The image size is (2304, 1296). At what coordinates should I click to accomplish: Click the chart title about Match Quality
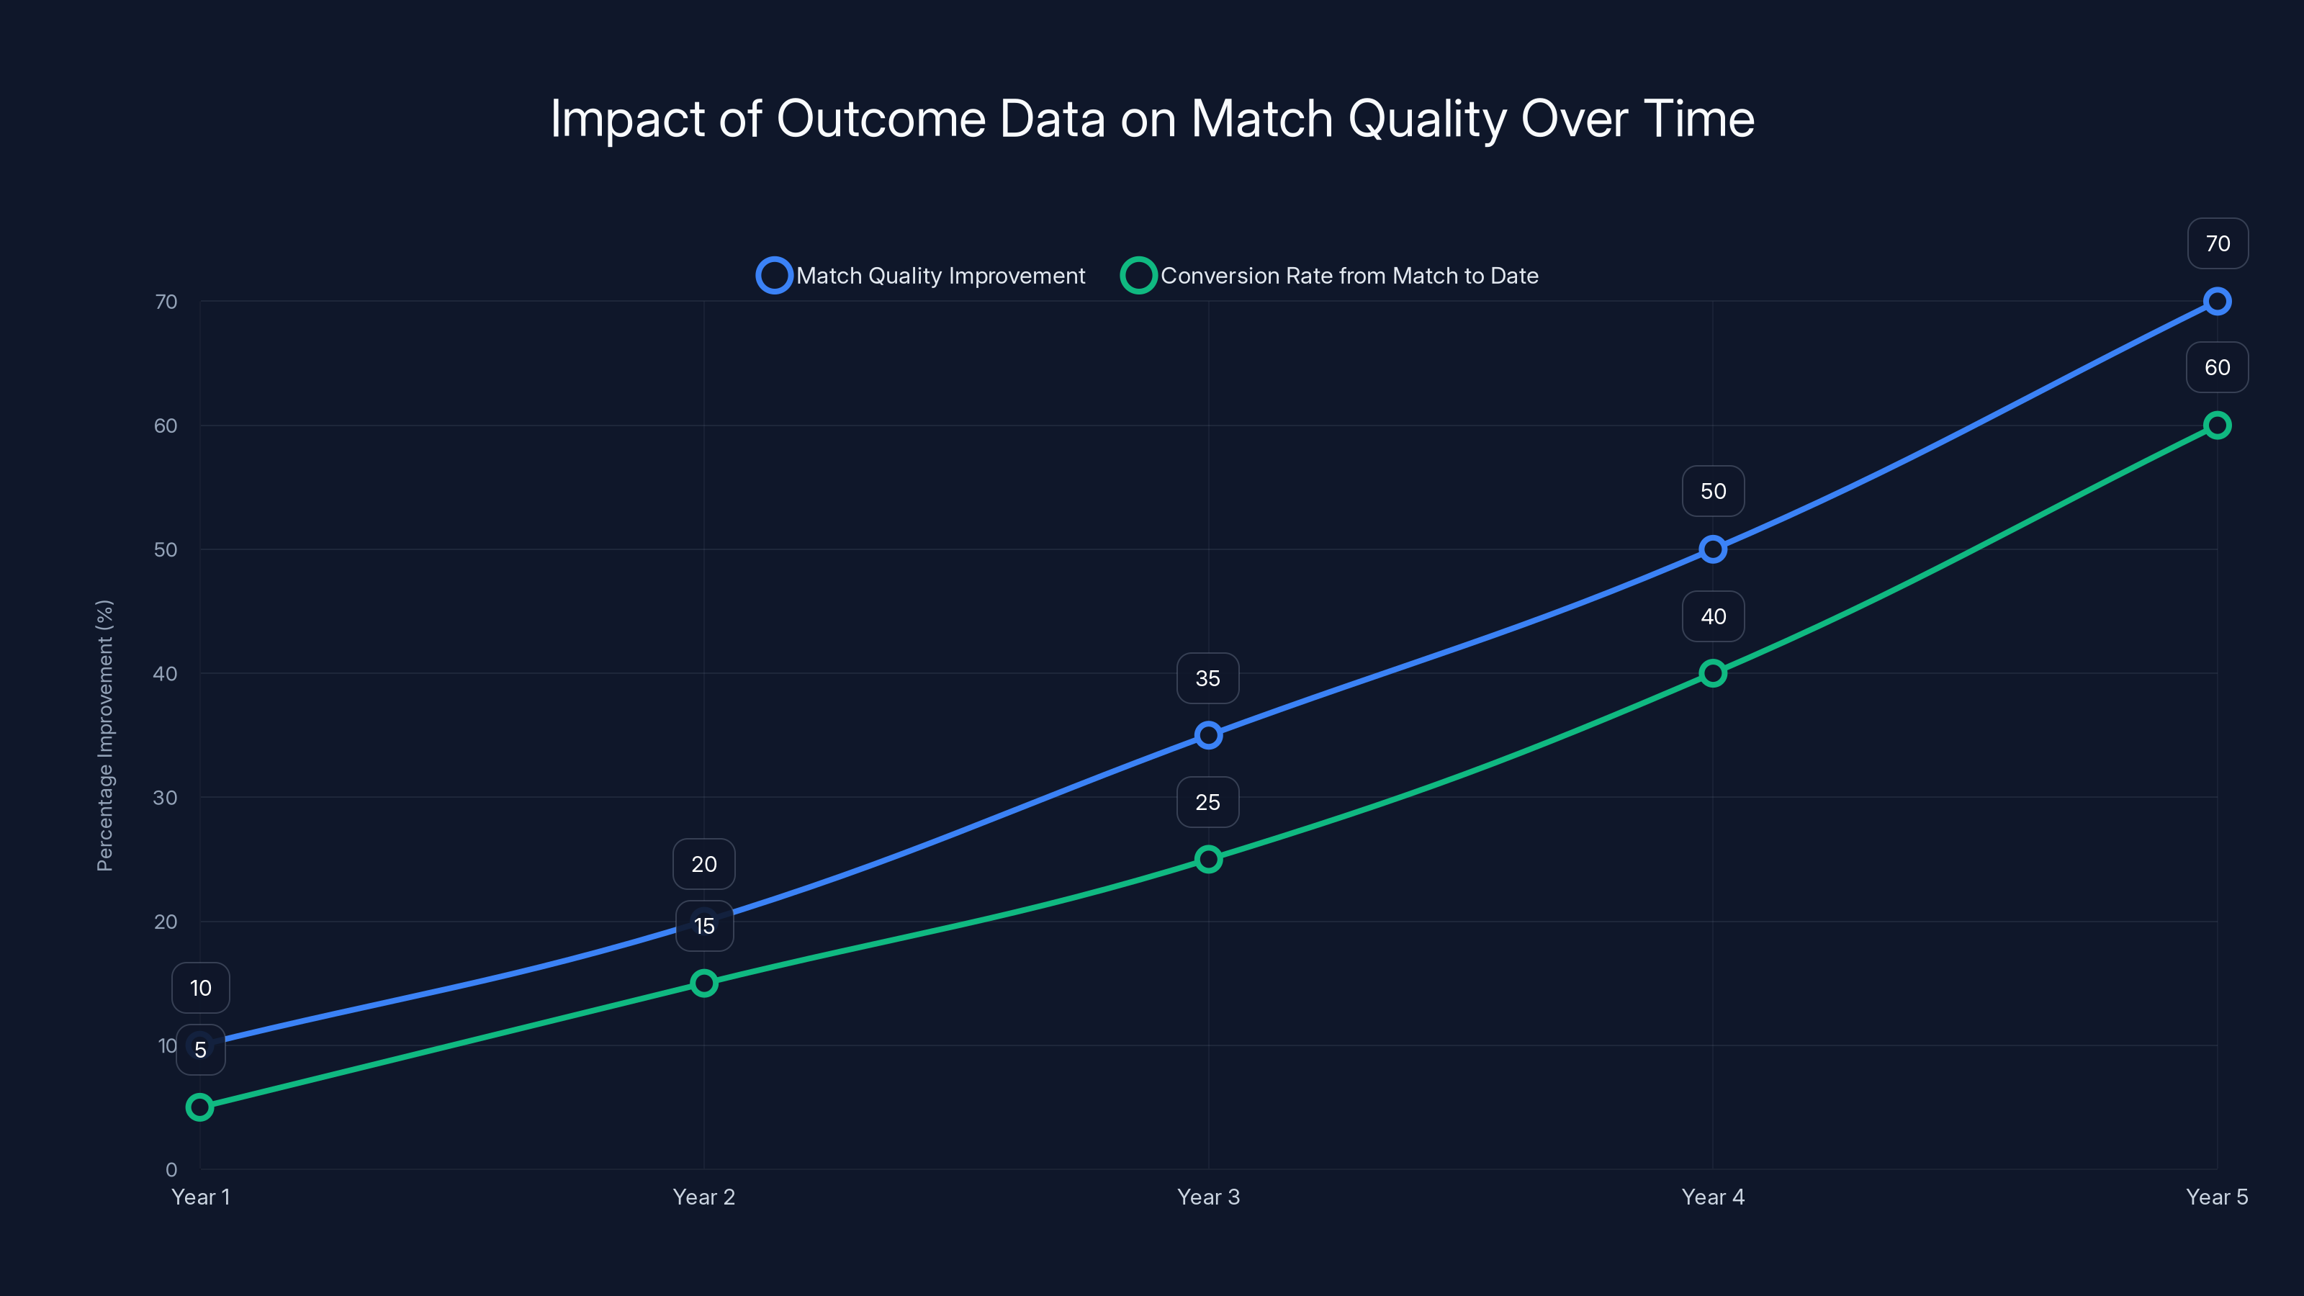click(1152, 119)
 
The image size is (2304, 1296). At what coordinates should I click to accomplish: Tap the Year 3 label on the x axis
click(1208, 1197)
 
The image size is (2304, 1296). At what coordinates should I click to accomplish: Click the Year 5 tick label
click(2216, 1197)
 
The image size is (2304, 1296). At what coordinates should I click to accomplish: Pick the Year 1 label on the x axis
click(200, 1197)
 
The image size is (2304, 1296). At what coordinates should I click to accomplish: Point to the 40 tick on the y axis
click(166, 673)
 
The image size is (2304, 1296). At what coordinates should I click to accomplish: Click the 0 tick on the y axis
click(171, 1169)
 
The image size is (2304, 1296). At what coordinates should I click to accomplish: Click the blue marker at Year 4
click(1713, 549)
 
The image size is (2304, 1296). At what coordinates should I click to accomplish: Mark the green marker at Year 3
click(1208, 860)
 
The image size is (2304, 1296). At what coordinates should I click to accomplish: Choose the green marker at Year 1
click(200, 1107)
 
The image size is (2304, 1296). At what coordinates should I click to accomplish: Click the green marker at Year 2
click(704, 983)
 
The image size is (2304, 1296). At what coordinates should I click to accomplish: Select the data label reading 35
click(1207, 679)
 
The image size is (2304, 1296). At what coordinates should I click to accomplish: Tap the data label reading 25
click(1207, 802)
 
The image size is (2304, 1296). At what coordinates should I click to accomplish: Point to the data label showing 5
click(200, 1050)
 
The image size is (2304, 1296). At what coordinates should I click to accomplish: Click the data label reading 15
click(705, 927)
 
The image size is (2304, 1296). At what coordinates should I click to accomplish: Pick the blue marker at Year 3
click(1208, 735)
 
